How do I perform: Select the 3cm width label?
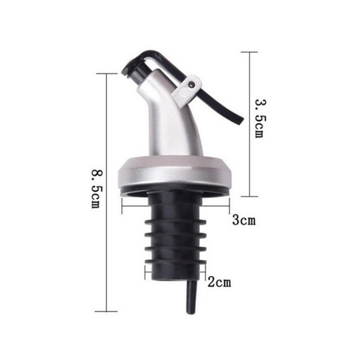243,220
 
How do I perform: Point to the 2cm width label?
219,283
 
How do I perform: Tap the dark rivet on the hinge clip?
192,84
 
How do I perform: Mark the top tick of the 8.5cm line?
106,74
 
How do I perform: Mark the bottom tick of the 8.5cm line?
106,311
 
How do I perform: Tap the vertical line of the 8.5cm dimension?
106,135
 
